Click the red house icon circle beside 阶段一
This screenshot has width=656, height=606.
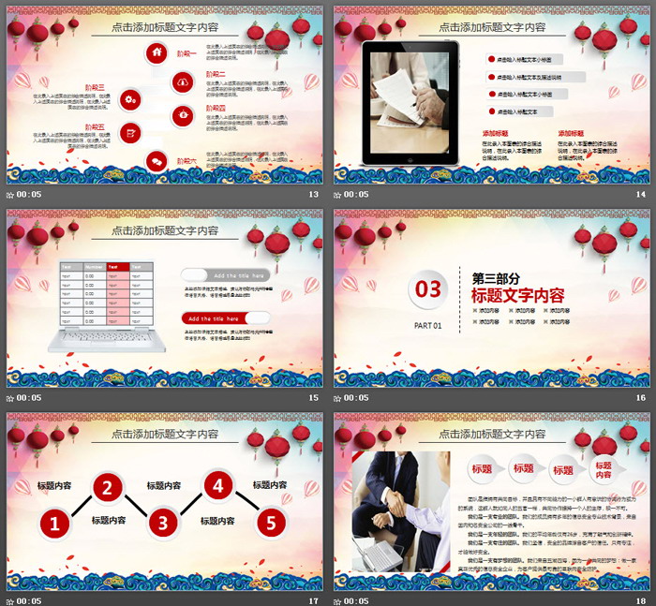coord(157,54)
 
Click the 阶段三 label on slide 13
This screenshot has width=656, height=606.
coord(95,86)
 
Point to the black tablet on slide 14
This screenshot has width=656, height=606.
coord(410,103)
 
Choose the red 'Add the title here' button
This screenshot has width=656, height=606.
coord(225,318)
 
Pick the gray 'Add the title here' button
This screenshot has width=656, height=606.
coord(225,275)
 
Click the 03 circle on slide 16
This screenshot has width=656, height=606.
coord(428,289)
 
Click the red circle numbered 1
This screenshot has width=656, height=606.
coord(54,525)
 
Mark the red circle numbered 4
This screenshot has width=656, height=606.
coord(217,486)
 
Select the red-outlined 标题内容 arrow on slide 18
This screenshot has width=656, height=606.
coord(603,471)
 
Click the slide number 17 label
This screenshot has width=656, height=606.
coord(314,600)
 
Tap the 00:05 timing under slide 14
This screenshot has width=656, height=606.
coord(356,195)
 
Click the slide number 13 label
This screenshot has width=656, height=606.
coord(314,195)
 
